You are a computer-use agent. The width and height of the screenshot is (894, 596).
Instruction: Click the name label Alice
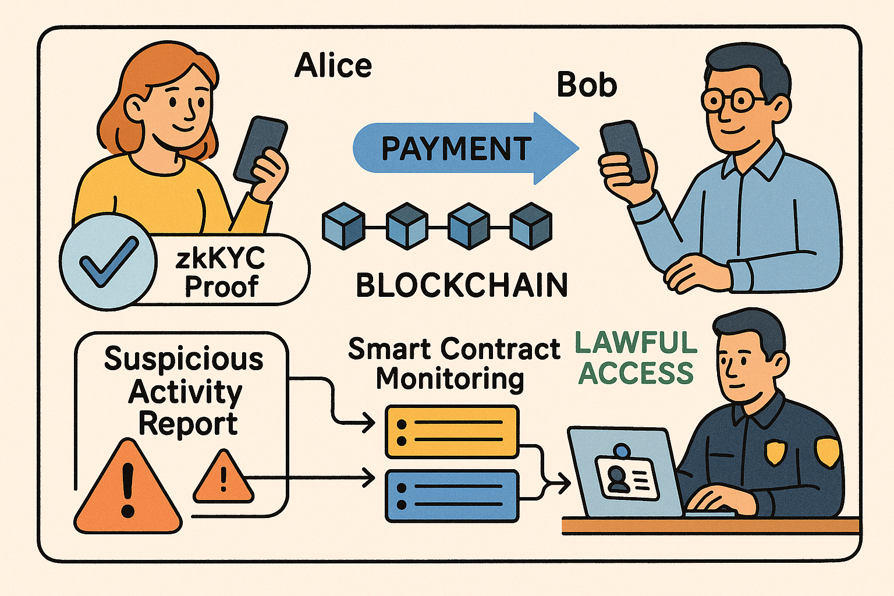tap(333, 65)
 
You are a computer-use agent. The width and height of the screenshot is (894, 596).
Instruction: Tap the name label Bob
tap(586, 85)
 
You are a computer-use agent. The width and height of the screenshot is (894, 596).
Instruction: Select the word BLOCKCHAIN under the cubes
tap(462, 285)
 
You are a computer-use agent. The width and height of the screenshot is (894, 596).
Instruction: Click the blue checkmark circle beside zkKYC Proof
tap(108, 261)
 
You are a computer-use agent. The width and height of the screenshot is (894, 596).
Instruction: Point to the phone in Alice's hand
tap(260, 149)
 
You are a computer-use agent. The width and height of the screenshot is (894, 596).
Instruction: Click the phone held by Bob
tap(624, 151)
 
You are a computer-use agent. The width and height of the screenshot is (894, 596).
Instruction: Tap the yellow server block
tap(452, 432)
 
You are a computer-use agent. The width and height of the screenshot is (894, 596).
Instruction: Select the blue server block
tap(452, 495)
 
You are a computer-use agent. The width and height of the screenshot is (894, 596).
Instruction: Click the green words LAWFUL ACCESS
tap(636, 358)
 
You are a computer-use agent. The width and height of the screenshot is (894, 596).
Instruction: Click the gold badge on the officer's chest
tap(775, 452)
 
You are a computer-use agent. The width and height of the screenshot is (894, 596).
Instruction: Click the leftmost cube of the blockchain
tap(343, 226)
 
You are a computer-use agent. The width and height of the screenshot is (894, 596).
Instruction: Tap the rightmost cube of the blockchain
tap(530, 226)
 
